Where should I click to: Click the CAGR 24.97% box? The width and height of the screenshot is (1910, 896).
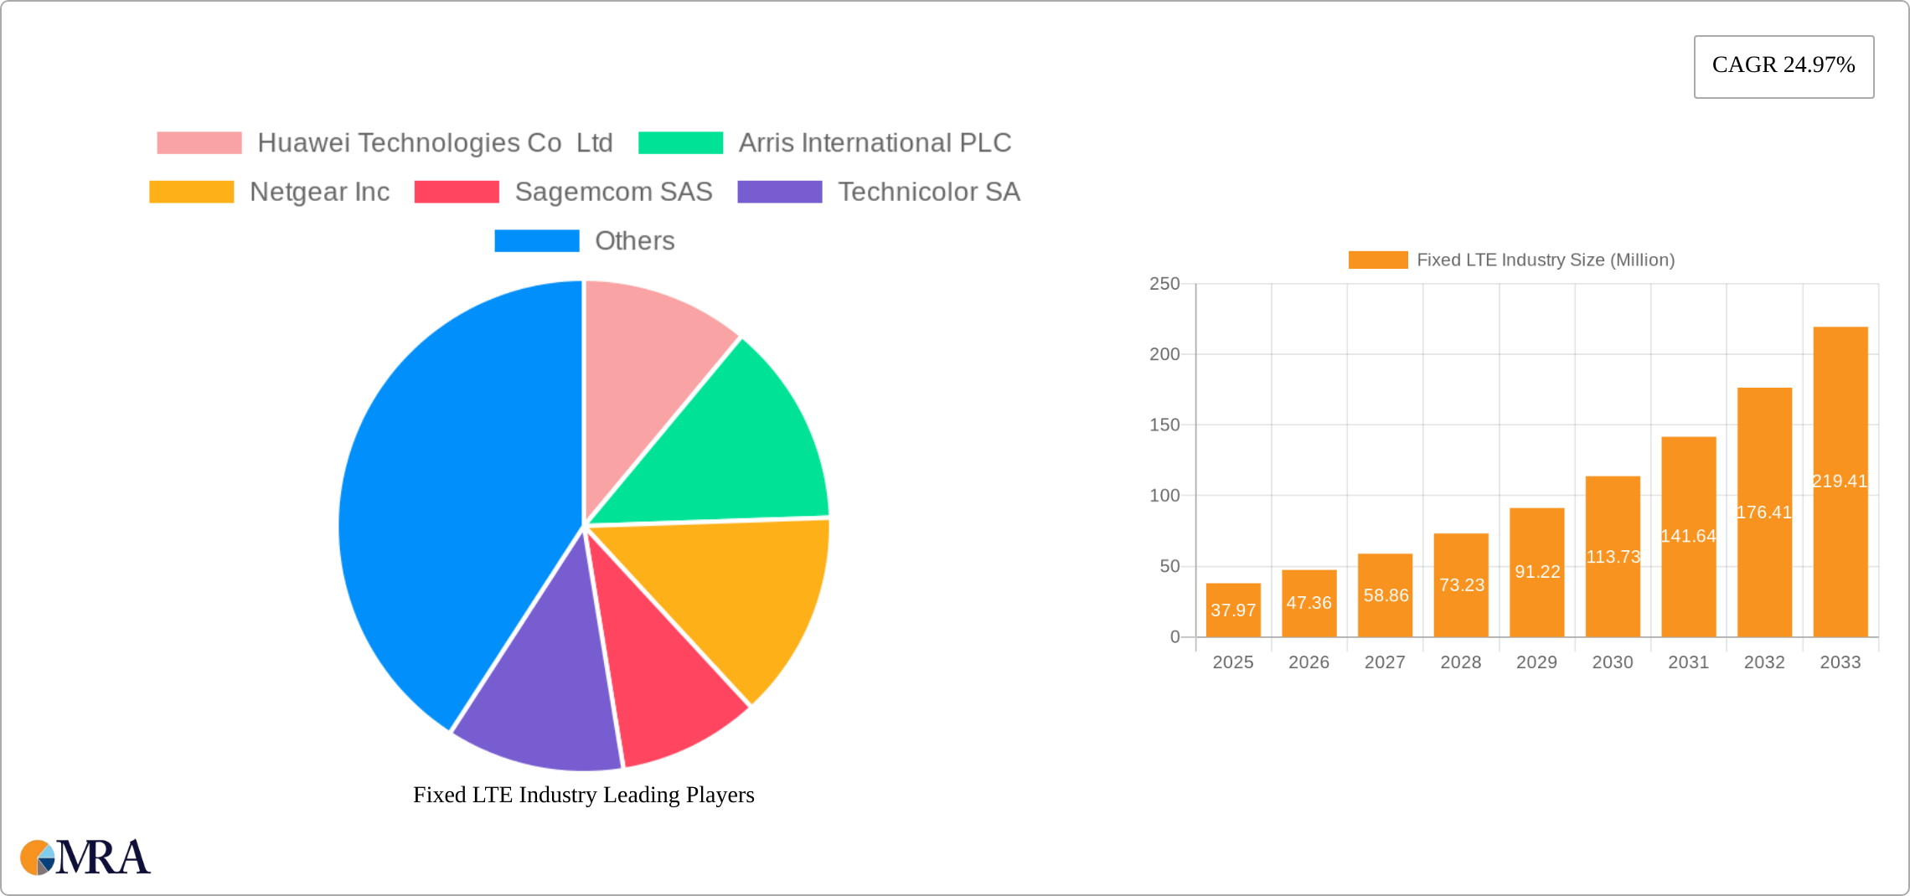(x=1784, y=66)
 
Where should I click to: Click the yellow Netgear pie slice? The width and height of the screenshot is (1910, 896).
(x=737, y=595)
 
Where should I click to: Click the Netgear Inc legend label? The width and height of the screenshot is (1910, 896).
(x=319, y=192)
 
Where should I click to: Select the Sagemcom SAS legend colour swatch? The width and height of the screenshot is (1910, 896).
(x=457, y=192)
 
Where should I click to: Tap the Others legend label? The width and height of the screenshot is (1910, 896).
(x=634, y=241)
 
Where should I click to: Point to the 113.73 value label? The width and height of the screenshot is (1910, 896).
(x=1613, y=557)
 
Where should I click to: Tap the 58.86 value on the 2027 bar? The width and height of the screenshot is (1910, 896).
(x=1386, y=595)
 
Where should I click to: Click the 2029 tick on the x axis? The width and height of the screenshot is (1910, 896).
(x=1536, y=662)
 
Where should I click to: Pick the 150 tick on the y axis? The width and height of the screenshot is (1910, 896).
(x=1164, y=425)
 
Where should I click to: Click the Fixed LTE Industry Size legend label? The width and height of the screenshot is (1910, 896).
(x=1545, y=260)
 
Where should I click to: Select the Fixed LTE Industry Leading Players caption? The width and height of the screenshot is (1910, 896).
(x=584, y=795)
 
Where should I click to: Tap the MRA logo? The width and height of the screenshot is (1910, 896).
(x=85, y=857)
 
